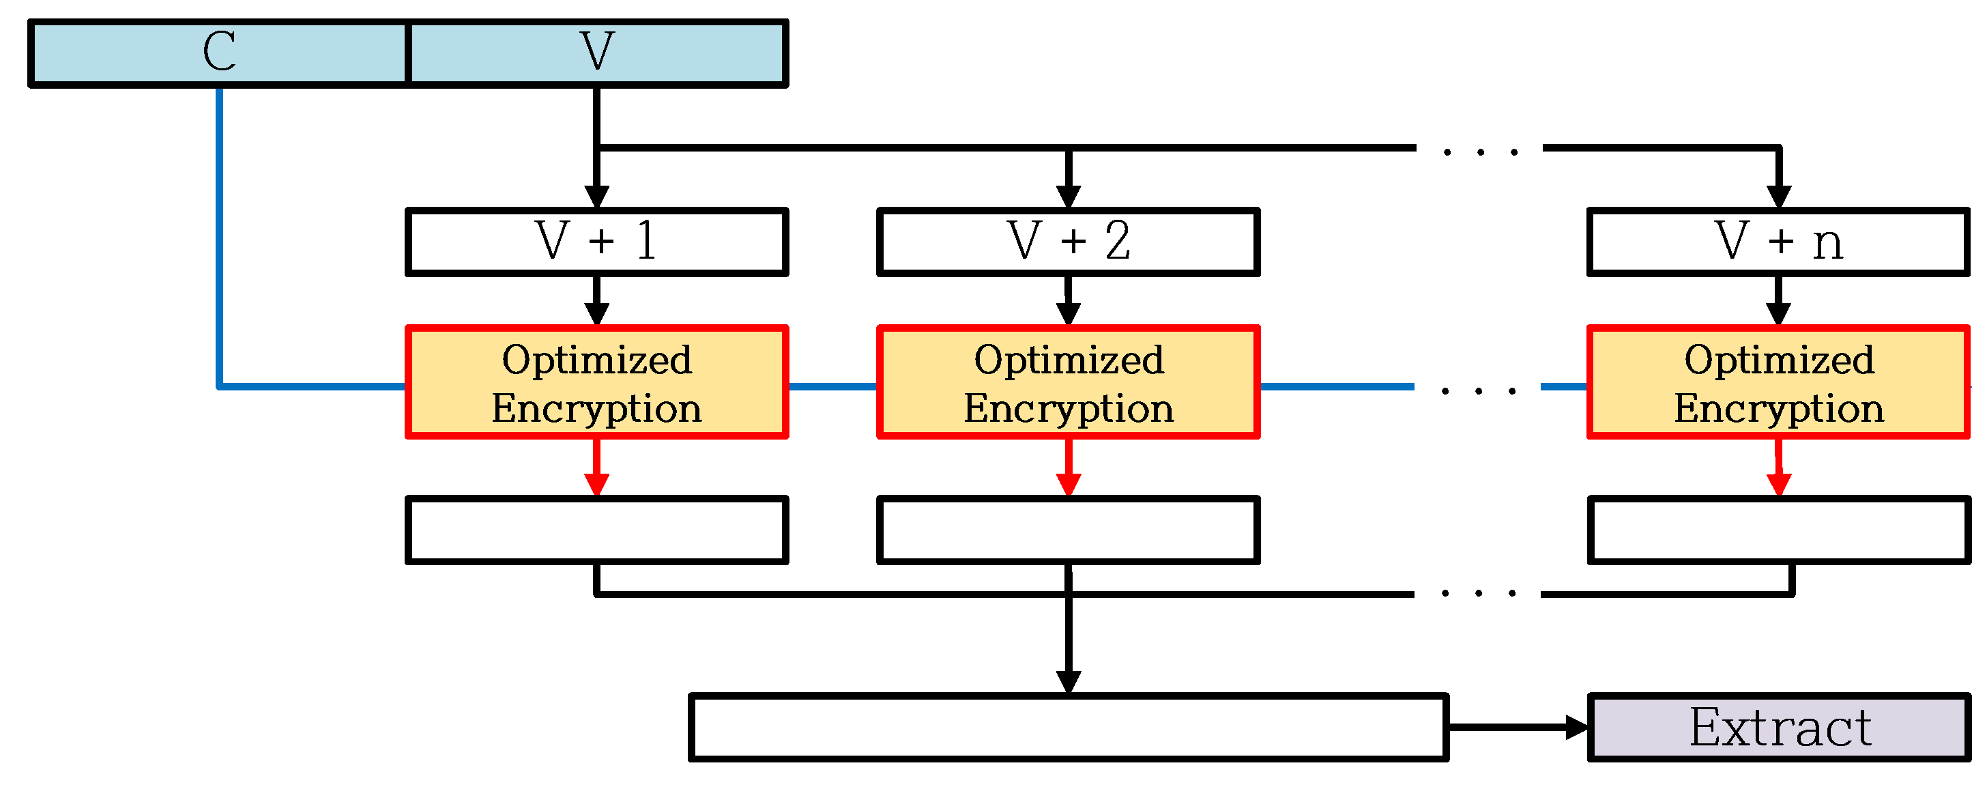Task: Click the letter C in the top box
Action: coord(219,52)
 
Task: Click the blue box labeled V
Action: coord(597,53)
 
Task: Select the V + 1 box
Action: coord(596,242)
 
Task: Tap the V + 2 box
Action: coord(1069,242)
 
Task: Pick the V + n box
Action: coord(1778,242)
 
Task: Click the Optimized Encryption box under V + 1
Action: coord(596,383)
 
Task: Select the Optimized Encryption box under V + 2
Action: coord(1069,383)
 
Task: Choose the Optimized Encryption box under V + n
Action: coord(1778,383)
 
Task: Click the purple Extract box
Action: coord(1778,727)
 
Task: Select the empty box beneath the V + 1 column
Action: coord(596,530)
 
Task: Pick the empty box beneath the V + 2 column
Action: coord(1069,530)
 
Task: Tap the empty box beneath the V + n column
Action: coord(1778,530)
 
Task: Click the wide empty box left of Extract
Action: coord(1069,727)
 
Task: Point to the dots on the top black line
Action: coord(1480,152)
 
